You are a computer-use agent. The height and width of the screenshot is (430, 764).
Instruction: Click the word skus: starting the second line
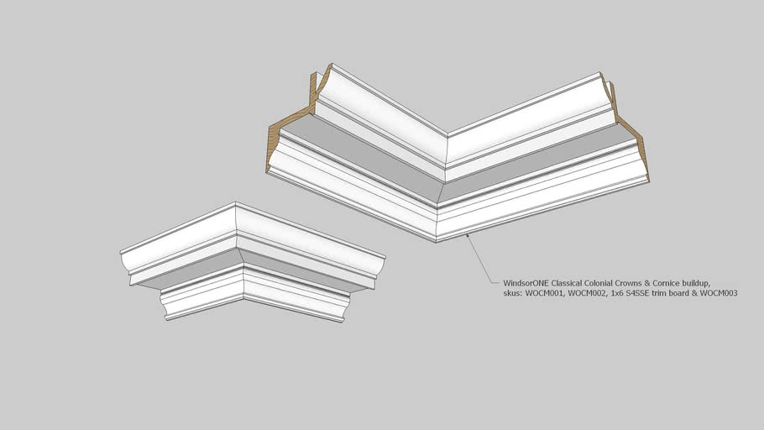coord(513,293)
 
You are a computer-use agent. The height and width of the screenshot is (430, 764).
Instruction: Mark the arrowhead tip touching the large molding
coord(467,234)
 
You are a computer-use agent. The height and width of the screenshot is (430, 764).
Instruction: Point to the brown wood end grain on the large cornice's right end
coord(629,128)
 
